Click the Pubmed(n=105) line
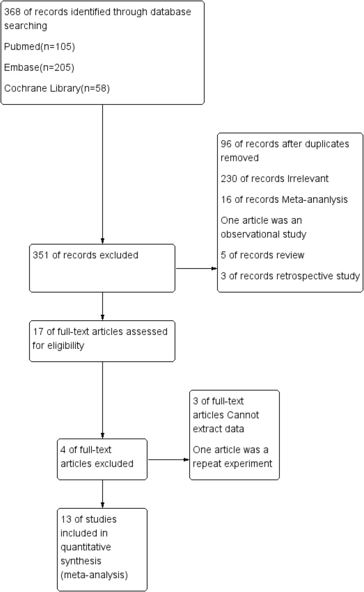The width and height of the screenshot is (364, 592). pyautogui.click(x=39, y=47)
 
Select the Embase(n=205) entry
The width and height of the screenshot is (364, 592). pyautogui.click(x=39, y=67)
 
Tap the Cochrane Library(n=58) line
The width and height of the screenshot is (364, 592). pyautogui.click(x=57, y=88)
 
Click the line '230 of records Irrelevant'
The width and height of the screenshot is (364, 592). pyautogui.click(x=275, y=179)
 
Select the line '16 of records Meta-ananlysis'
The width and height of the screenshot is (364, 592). pyautogui.click(x=284, y=200)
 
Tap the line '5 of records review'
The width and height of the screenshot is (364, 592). pyautogui.click(x=262, y=255)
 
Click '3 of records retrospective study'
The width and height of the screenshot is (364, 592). pyautogui.click(x=290, y=276)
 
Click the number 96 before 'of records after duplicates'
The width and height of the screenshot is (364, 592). pyautogui.click(x=226, y=144)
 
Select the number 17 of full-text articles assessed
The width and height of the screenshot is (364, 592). pyautogui.click(x=38, y=332)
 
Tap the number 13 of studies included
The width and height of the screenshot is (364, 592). pyautogui.click(x=66, y=519)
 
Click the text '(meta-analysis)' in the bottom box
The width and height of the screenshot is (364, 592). pyautogui.click(x=94, y=575)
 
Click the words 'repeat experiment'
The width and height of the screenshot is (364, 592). pyautogui.click(x=233, y=464)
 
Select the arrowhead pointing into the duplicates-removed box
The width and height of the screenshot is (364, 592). pyautogui.click(x=214, y=269)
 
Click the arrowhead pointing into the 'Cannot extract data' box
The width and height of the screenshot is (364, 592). pyautogui.click(x=186, y=459)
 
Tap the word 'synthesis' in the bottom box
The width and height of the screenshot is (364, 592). pyautogui.click(x=81, y=561)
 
